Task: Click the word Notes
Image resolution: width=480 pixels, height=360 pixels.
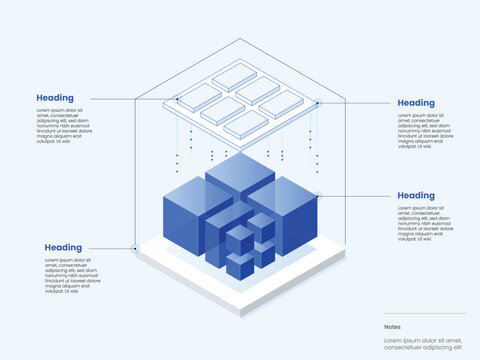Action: tap(392, 326)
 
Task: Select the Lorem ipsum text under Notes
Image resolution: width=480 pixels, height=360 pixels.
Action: tap(423, 345)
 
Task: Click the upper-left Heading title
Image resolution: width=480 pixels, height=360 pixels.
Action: tap(55, 98)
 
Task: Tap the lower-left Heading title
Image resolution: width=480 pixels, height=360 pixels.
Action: tap(63, 247)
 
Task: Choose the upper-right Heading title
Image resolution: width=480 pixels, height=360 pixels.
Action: tap(416, 102)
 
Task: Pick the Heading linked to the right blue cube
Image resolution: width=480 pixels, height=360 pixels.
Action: tap(416, 195)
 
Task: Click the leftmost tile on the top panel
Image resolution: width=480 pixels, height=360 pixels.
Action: tap(198, 96)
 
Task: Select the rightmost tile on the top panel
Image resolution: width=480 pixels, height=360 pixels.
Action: tap(282, 104)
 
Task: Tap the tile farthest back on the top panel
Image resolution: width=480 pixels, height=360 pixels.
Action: tap(234, 75)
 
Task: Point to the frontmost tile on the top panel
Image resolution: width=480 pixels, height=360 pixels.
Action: tap(246, 125)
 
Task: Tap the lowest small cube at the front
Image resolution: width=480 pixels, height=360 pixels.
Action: tap(239, 265)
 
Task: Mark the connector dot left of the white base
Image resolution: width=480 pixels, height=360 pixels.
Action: tap(135, 248)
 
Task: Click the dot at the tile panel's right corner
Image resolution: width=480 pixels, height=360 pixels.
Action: tap(319, 101)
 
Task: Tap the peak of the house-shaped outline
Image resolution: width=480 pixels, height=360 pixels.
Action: tap(240, 39)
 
